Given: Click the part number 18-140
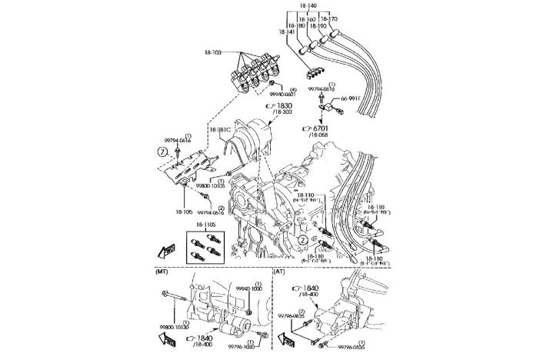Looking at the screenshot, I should click(x=308, y=5).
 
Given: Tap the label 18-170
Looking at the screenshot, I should click(x=328, y=18).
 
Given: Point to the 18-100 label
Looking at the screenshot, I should click(x=213, y=52).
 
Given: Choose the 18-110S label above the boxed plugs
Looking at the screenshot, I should click(x=205, y=224).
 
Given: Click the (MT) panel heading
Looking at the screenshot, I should click(x=162, y=272).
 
